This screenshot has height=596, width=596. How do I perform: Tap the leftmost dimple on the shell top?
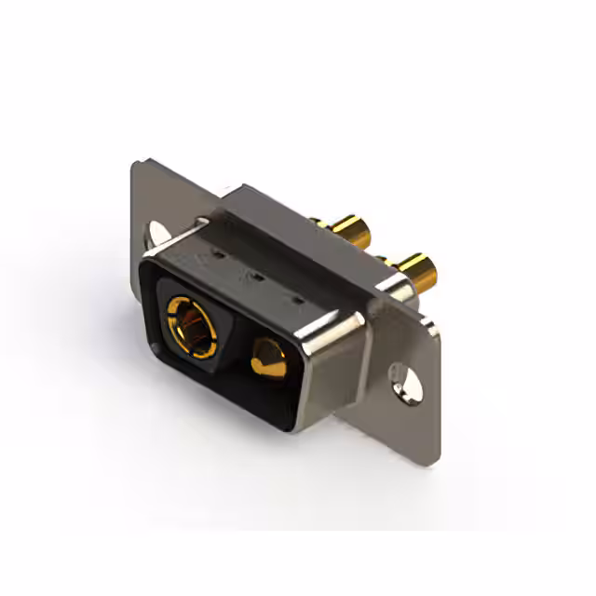pyautogui.click(x=217, y=251)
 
